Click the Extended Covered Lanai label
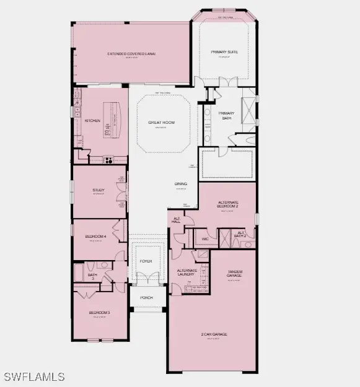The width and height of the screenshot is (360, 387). [x=131, y=54]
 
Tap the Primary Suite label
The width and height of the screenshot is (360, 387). [x=224, y=52]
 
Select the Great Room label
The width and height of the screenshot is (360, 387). [x=161, y=123]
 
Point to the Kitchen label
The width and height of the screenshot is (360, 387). [x=92, y=121]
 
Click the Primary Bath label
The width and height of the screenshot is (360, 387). [x=226, y=115]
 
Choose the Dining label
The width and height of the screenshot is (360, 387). [x=180, y=184]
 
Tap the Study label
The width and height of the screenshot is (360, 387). [x=99, y=190]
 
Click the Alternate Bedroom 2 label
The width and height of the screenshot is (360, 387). [x=229, y=204]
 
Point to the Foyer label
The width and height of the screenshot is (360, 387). [x=146, y=261]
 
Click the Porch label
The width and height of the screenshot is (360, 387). [x=146, y=297]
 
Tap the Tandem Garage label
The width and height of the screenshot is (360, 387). [x=234, y=274]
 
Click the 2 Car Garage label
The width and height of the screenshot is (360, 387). [x=214, y=334]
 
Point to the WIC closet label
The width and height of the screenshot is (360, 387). [x=205, y=238]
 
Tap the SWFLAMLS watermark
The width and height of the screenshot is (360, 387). [x=34, y=376]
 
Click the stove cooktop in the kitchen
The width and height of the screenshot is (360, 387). [x=108, y=159]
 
